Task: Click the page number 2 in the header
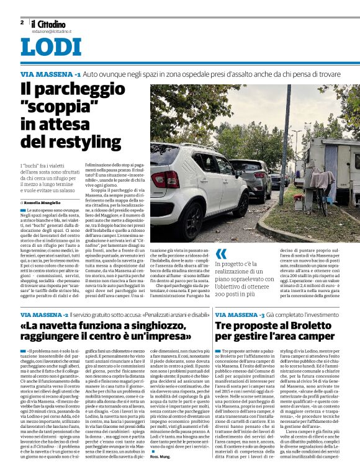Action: pos(22,22)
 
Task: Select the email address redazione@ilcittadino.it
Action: pos(53,30)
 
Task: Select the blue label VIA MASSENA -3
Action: pos(240,316)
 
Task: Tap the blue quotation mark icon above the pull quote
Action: pos(221,254)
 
